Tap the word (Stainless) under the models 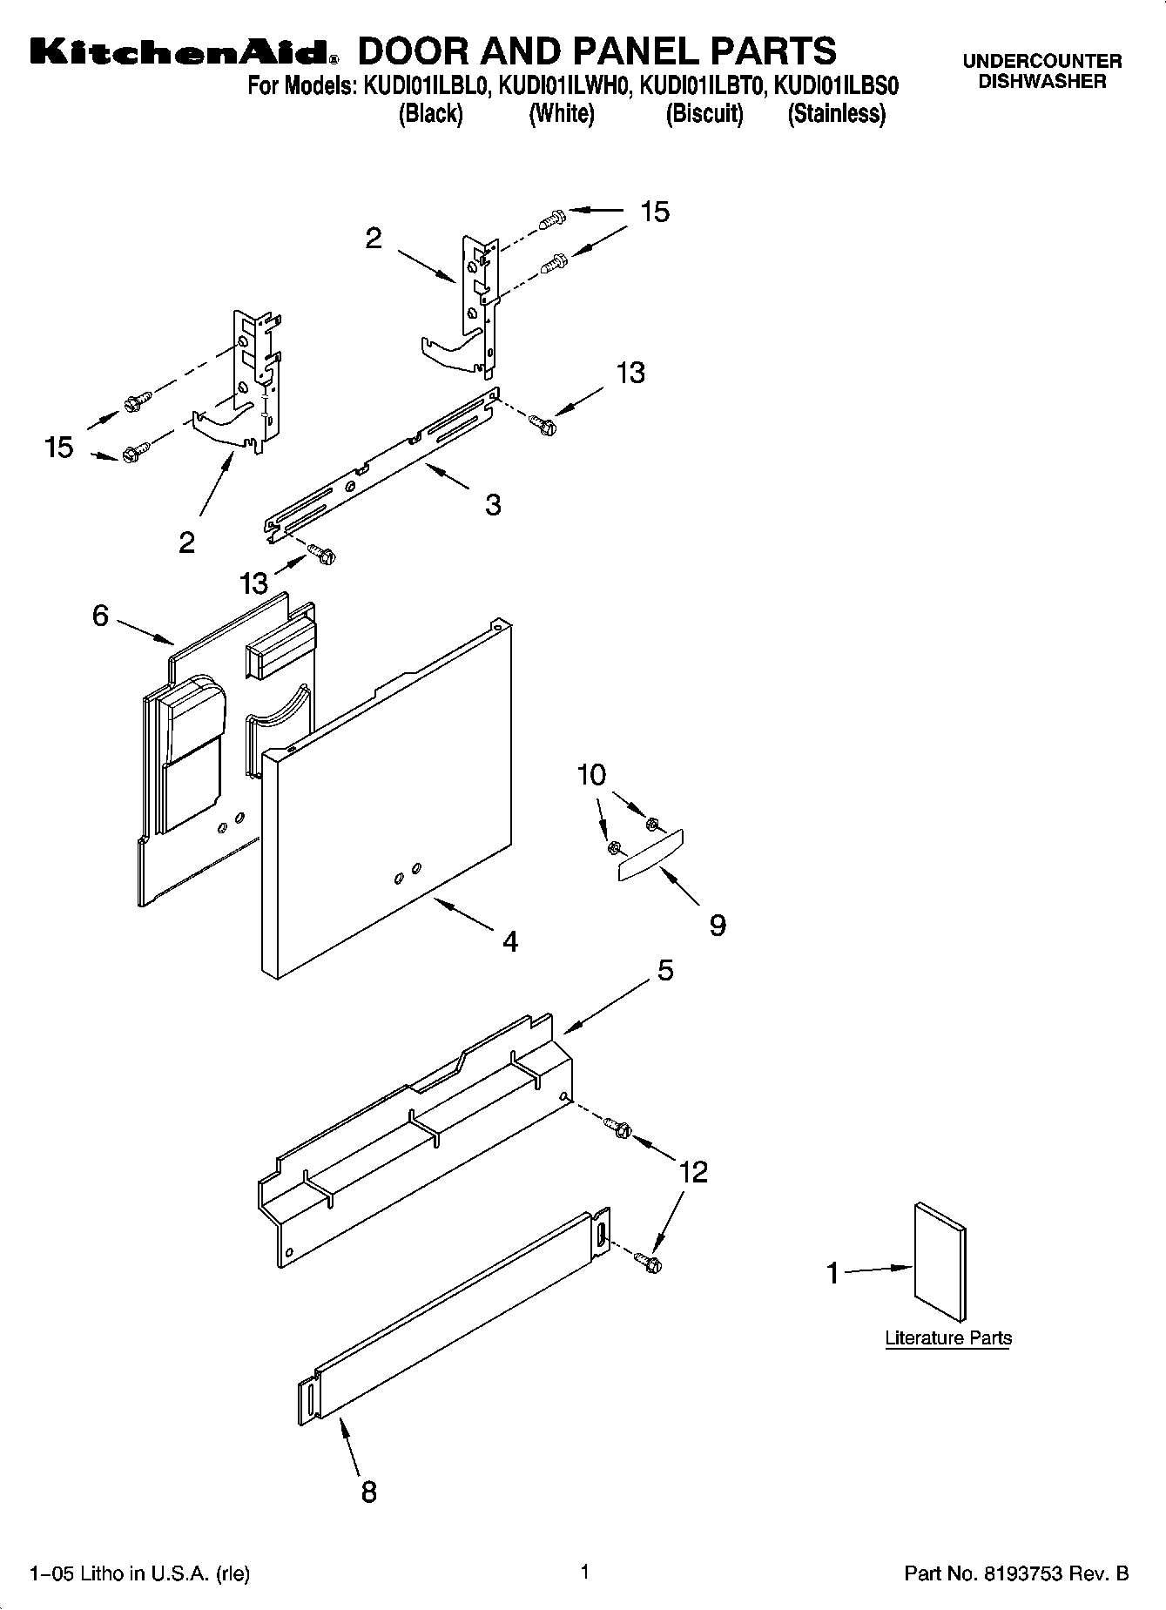point(836,114)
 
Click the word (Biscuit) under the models point(704,114)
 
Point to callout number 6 point(100,616)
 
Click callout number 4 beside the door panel point(510,940)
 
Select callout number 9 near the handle point(717,925)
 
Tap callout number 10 point(591,774)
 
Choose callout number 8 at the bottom point(368,1492)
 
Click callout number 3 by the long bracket point(493,504)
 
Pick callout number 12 point(693,1172)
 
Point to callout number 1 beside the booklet point(833,1274)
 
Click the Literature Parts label point(947,1337)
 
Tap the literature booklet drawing point(940,1263)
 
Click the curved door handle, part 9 point(650,855)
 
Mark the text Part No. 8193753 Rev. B point(1016,1573)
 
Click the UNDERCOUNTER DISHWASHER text point(1041,71)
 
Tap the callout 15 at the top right point(655,212)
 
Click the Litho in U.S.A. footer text point(140,1573)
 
